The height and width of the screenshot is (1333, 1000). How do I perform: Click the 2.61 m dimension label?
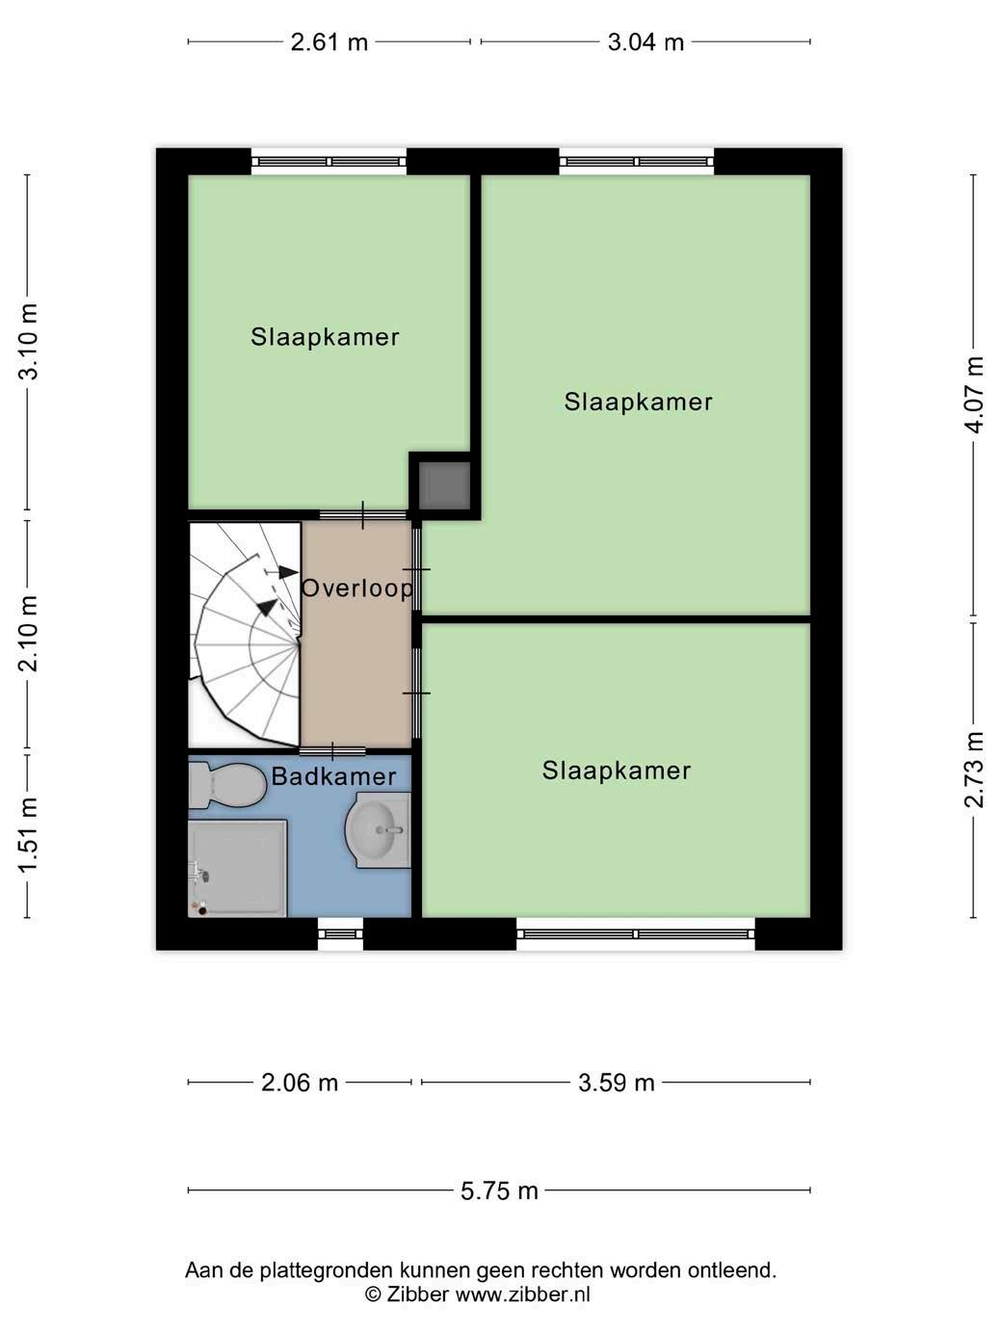(x=329, y=42)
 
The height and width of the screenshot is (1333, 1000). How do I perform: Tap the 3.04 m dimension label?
(x=645, y=42)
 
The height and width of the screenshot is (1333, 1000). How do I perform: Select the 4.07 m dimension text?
(x=973, y=395)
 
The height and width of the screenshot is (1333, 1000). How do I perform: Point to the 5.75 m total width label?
(x=499, y=1190)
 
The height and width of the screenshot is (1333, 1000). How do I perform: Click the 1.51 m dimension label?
(x=28, y=834)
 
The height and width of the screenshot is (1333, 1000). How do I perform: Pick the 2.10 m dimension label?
(x=28, y=634)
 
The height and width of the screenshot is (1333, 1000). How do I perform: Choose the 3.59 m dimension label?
(x=617, y=1083)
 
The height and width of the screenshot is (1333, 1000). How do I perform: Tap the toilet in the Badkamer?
(x=227, y=785)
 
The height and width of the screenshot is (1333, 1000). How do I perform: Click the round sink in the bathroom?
(x=379, y=829)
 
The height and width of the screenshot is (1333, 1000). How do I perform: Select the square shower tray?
(x=237, y=868)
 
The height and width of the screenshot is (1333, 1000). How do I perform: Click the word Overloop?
(x=357, y=588)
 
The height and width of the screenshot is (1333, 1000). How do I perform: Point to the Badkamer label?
(x=333, y=776)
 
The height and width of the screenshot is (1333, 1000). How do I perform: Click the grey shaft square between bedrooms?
(x=444, y=485)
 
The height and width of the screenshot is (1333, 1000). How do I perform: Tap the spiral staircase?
(x=245, y=635)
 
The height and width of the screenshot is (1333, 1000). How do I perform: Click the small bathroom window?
(x=340, y=934)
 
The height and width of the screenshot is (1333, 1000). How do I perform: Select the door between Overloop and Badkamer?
(x=332, y=751)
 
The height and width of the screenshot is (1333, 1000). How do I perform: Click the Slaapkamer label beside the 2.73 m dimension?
(x=617, y=771)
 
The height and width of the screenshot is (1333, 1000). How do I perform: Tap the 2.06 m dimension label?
(x=300, y=1083)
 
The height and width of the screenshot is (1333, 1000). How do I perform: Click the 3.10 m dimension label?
(x=28, y=341)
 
